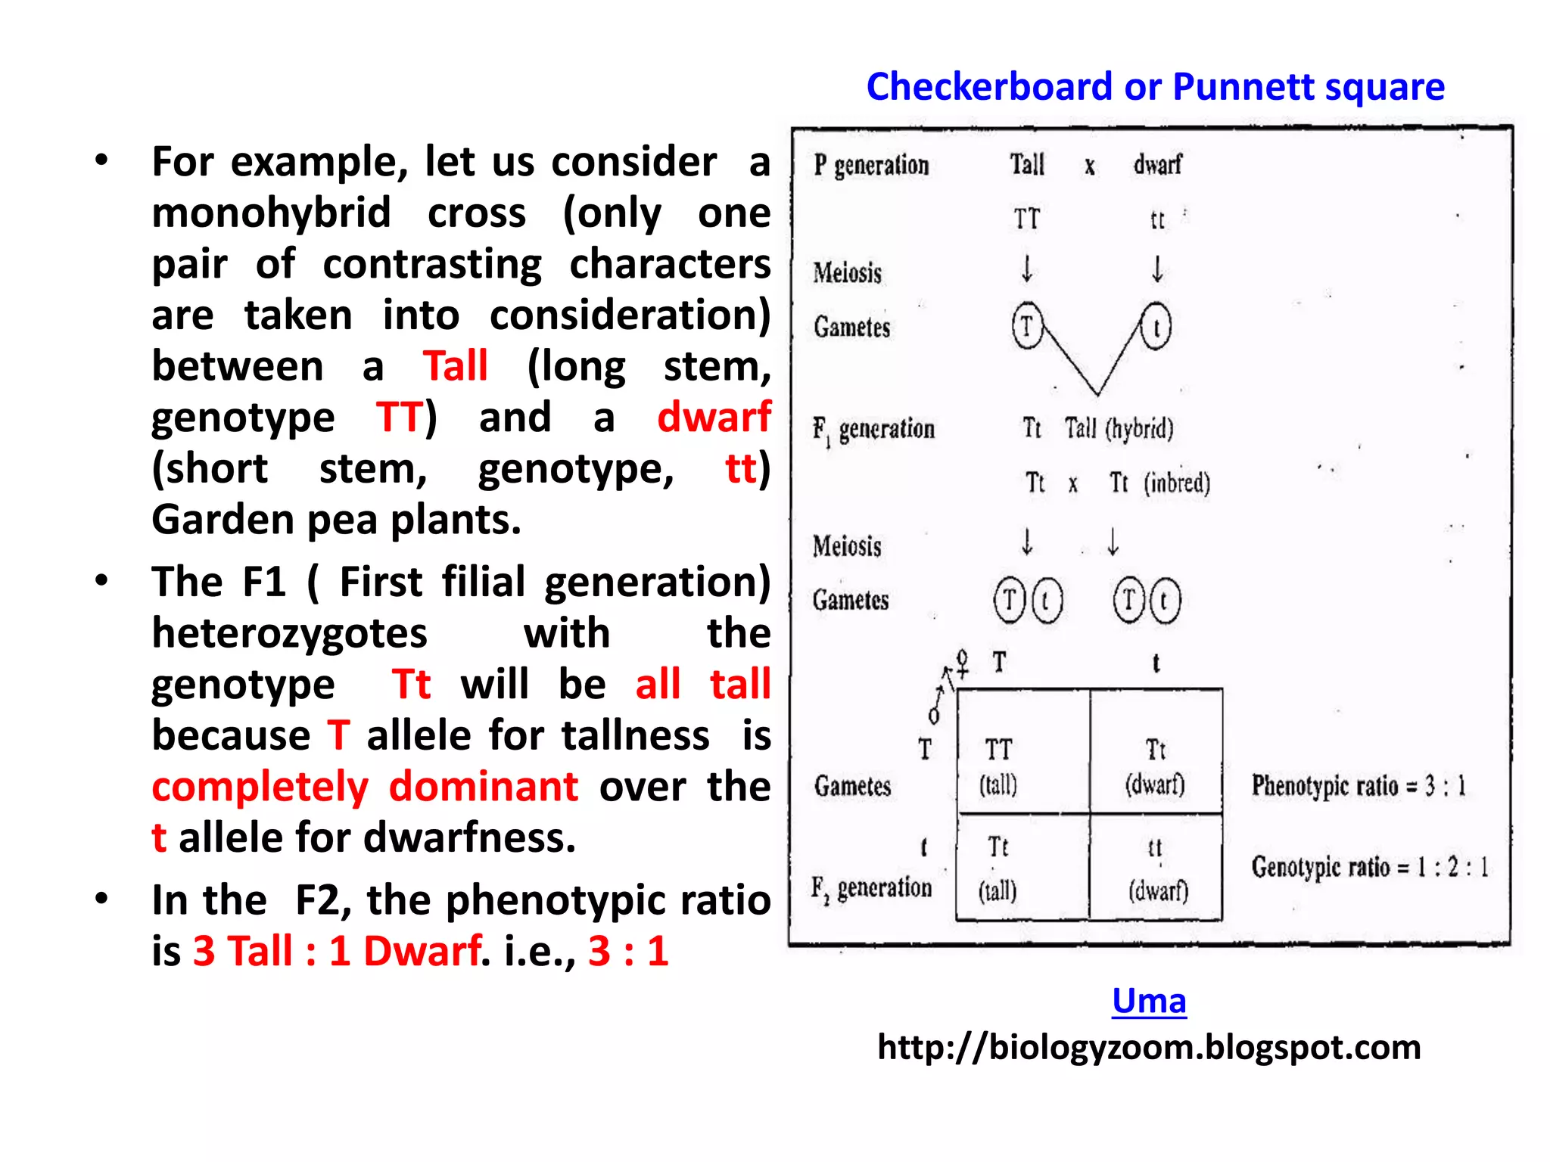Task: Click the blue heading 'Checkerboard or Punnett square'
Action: [x=1155, y=87]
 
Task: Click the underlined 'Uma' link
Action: [x=1149, y=1001]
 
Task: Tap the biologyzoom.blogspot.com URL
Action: [x=1149, y=1048]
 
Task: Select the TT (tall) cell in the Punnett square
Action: [x=999, y=766]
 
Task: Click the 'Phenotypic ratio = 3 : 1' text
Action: [x=1359, y=786]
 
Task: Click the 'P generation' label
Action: [x=871, y=165]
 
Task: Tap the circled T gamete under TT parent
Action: [x=1027, y=326]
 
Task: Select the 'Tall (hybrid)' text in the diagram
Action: [x=1119, y=428]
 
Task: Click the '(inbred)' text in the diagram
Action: [x=1177, y=483]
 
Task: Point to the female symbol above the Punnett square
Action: [x=962, y=661]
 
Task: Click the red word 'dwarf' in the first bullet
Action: [x=714, y=417]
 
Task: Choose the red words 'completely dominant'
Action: [x=365, y=787]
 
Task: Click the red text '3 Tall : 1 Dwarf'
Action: [x=337, y=951]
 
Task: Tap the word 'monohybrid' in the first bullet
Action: [x=271, y=213]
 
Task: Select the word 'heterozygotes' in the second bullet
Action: [x=289, y=633]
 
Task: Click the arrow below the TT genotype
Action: [x=1027, y=269]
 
